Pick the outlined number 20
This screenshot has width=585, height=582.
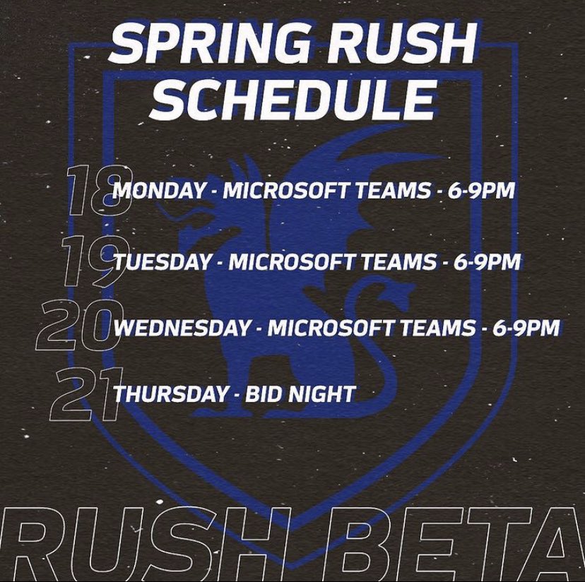click(x=76, y=327)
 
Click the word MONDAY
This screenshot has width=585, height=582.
click(x=161, y=191)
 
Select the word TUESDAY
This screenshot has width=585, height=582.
click(x=162, y=262)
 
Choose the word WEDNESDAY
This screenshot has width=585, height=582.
click(x=182, y=328)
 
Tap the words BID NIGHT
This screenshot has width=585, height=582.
click(x=300, y=393)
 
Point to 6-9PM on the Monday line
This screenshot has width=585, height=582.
click(x=480, y=191)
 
